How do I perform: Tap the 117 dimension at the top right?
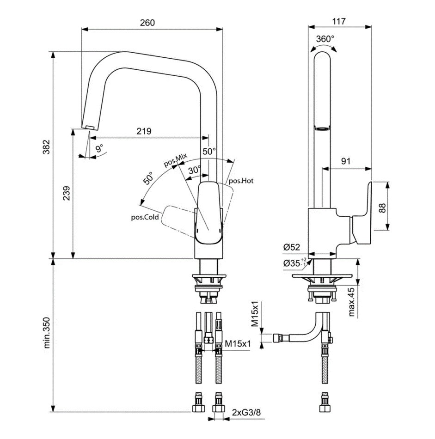339,21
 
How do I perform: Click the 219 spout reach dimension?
144,131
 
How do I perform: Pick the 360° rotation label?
325,38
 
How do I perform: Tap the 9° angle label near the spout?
99,148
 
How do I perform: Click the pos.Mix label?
175,160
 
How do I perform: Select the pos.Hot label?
241,181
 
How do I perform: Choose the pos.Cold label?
145,216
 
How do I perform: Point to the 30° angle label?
195,170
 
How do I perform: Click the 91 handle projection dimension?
346,161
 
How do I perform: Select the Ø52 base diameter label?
292,248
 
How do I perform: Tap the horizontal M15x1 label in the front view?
238,344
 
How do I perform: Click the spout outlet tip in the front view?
89,127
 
